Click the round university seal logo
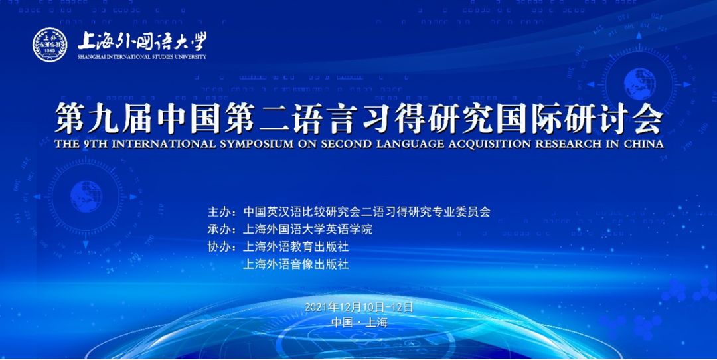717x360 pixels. click(50, 45)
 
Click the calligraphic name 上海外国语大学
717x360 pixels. click(142, 42)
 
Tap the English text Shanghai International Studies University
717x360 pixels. click(142, 56)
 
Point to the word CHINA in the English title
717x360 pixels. click(643, 144)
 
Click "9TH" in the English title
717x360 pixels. click(92, 144)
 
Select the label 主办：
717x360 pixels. click(222, 212)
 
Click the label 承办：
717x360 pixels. click(222, 229)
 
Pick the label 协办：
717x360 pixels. click(222, 247)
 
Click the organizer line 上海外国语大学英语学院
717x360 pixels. click(308, 229)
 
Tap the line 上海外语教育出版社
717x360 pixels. click(296, 247)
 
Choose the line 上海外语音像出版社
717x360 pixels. click(296, 264)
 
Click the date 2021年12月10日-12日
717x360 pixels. click(359, 307)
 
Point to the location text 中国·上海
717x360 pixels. click(359, 323)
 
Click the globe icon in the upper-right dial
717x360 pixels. click(640, 84)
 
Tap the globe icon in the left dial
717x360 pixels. click(86, 197)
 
